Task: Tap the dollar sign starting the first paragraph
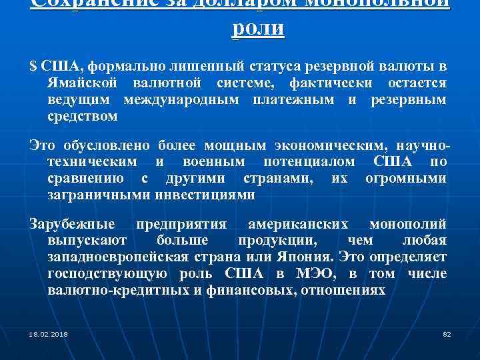coord(33,67)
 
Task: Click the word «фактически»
coord(331,83)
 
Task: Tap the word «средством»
coord(83,117)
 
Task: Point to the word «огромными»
coord(406,179)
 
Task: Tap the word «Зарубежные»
coord(73,224)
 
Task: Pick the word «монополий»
coord(408,224)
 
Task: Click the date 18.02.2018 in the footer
coord(49,333)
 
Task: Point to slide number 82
coord(447,333)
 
